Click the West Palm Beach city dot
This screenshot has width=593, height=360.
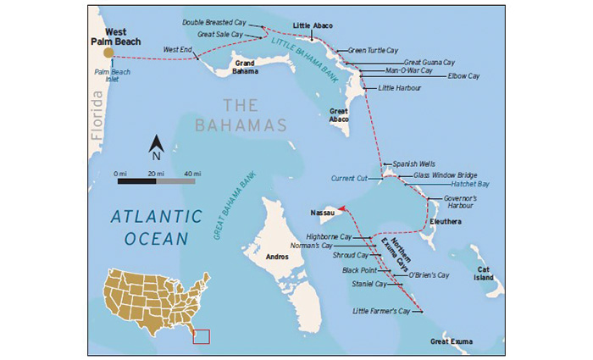tap(108, 53)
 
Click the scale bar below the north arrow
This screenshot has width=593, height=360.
tap(155, 180)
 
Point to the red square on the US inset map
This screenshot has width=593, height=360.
tap(202, 336)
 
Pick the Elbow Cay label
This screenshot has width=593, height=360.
tap(463, 75)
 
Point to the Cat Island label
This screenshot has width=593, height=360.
tap(483, 272)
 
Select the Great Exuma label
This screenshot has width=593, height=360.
tap(452, 341)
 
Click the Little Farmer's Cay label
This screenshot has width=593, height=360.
tap(381, 312)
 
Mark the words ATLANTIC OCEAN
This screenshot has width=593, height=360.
tap(157, 226)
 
